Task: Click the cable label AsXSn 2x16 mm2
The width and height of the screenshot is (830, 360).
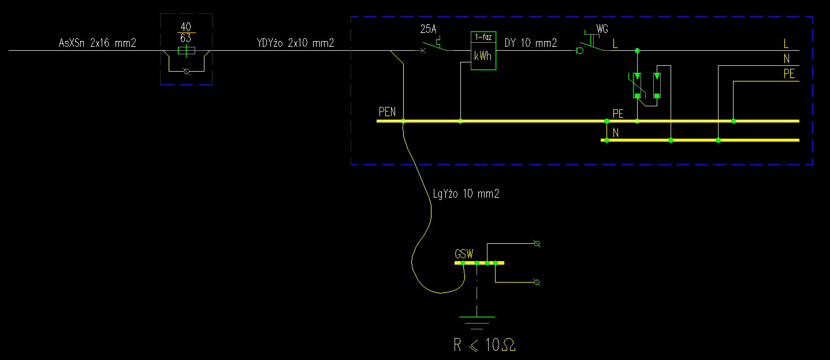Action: click(x=98, y=43)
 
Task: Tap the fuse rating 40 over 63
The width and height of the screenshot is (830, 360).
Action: click(x=186, y=33)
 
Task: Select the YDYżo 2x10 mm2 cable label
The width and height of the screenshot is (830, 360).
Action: click(x=295, y=43)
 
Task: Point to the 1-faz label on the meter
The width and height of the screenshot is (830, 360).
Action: click(x=483, y=36)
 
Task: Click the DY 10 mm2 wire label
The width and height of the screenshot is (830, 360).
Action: click(x=531, y=43)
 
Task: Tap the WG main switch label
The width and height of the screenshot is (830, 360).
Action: click(x=602, y=28)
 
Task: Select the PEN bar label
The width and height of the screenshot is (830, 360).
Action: click(x=387, y=112)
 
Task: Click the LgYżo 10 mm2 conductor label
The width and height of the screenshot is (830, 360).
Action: click(x=466, y=194)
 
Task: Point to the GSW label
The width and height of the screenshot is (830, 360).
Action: click(x=464, y=254)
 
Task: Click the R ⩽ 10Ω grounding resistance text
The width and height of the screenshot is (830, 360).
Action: click(x=485, y=346)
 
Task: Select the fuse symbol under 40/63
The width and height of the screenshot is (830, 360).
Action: click(x=186, y=51)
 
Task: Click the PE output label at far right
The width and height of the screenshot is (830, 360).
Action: click(x=789, y=74)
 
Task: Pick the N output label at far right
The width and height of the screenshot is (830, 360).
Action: click(x=787, y=58)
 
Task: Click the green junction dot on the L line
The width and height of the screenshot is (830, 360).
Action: click(x=637, y=51)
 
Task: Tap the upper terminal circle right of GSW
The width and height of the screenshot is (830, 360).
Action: click(x=537, y=244)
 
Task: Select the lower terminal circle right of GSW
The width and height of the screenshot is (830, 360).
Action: click(x=537, y=282)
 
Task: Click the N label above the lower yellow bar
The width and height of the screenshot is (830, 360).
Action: click(x=616, y=133)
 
